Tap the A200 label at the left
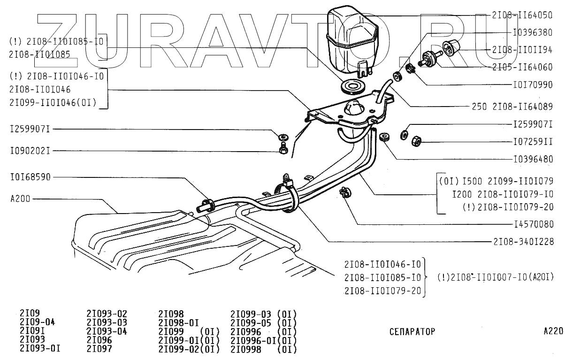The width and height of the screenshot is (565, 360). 20,198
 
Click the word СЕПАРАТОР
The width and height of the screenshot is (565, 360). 412,331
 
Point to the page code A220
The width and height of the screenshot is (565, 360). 553,331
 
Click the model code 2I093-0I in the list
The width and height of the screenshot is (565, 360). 40,349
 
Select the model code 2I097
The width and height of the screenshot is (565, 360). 99,349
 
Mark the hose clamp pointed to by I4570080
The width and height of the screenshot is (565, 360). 345,192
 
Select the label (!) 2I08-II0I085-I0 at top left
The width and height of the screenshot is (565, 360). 56,41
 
